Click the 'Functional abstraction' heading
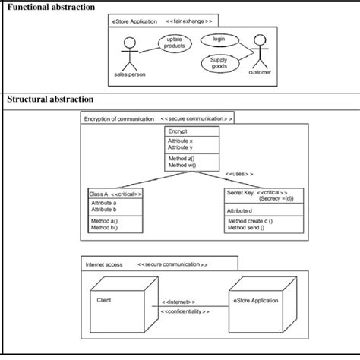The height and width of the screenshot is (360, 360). coord(51,7)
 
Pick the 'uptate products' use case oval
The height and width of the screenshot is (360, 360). coord(174,43)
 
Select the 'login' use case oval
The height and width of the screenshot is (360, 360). coord(219,38)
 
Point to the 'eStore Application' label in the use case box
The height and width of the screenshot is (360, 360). coord(134,22)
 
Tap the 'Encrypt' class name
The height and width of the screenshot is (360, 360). coord(179,131)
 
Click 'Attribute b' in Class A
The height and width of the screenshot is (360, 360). coord(104,210)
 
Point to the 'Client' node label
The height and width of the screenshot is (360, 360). coord(104,299)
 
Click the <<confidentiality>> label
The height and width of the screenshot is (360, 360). coord(185,312)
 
